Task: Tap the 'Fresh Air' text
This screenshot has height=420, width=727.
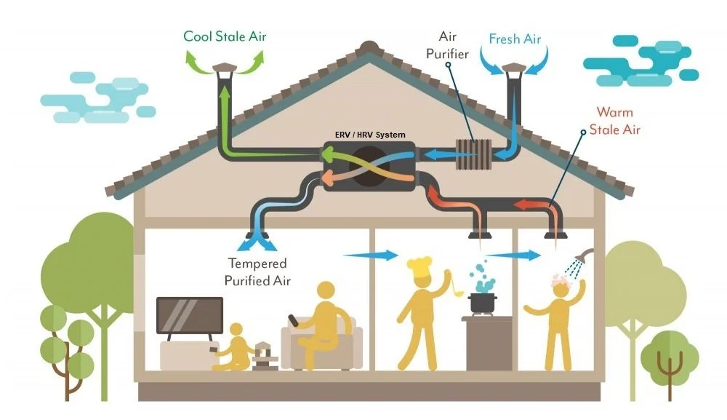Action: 515,39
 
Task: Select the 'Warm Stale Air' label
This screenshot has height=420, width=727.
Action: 614,122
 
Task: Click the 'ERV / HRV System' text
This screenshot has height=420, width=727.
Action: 370,135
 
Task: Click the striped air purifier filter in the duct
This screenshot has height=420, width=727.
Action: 473,154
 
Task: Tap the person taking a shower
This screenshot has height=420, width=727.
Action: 558,320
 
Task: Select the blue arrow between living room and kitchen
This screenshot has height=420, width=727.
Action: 370,255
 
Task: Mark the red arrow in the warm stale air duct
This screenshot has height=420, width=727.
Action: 529,203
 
